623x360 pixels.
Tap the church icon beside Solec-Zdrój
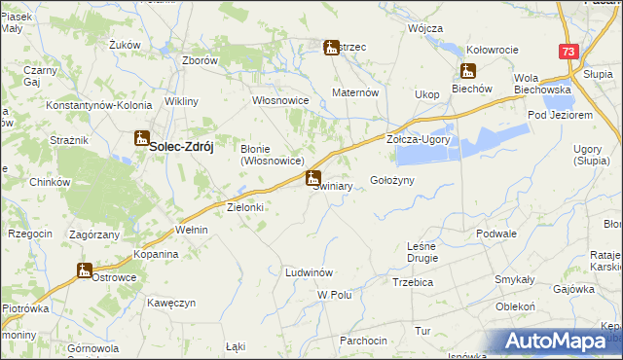[x=142, y=139]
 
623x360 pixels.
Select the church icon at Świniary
[x=312, y=178]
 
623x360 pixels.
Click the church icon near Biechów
[x=468, y=71]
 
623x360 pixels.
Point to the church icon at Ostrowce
[x=84, y=270]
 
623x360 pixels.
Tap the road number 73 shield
[x=569, y=52]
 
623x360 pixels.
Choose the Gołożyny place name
[x=393, y=181]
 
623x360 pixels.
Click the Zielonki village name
[x=245, y=207]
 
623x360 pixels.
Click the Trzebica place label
[x=413, y=282]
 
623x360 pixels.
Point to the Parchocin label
[x=363, y=341]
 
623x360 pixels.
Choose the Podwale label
[x=496, y=234]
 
